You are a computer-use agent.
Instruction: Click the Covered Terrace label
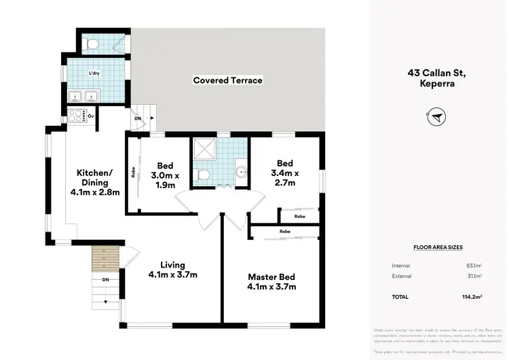point(227,80)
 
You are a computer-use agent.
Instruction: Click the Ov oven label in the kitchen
point(90,115)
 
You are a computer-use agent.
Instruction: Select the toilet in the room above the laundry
point(94,45)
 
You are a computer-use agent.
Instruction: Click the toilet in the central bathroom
point(202,175)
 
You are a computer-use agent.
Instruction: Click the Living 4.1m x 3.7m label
point(173,270)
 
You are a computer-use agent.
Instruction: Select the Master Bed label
point(271,282)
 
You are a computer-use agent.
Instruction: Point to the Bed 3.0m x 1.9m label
point(165,175)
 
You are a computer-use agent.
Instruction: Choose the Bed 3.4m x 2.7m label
point(284,173)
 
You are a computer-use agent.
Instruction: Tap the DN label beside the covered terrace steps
point(138,118)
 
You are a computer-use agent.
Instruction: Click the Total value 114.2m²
point(471,298)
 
